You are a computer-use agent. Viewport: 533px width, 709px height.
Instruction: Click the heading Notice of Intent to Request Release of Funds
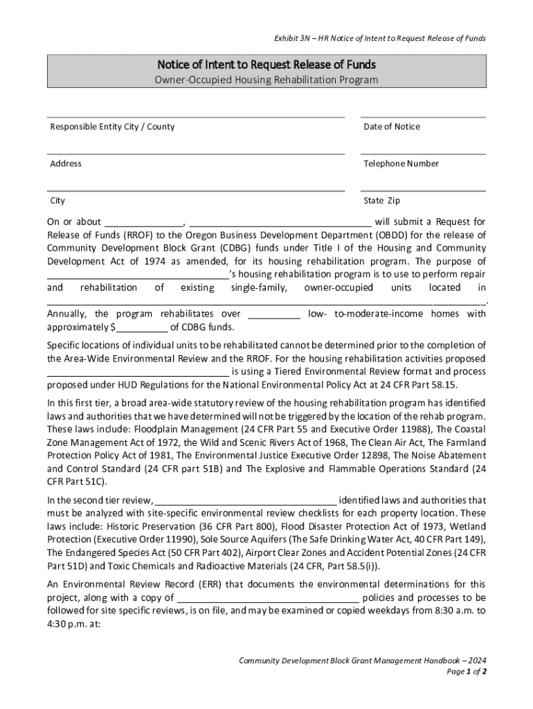click(266, 65)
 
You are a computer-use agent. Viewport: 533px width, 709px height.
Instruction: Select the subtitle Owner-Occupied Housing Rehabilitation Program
click(266, 80)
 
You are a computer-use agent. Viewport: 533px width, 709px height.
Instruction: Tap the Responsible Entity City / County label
click(112, 127)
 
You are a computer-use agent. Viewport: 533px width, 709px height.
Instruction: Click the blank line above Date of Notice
click(422, 116)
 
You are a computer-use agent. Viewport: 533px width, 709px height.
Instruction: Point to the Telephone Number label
click(401, 163)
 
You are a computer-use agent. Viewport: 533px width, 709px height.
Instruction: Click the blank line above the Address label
click(196, 152)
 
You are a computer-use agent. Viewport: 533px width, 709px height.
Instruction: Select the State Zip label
click(381, 201)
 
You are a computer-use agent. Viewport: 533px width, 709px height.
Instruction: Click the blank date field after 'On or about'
click(143, 223)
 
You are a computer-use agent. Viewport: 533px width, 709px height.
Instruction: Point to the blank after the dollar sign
click(141, 327)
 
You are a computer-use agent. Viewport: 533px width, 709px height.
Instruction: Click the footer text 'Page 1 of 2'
click(467, 672)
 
